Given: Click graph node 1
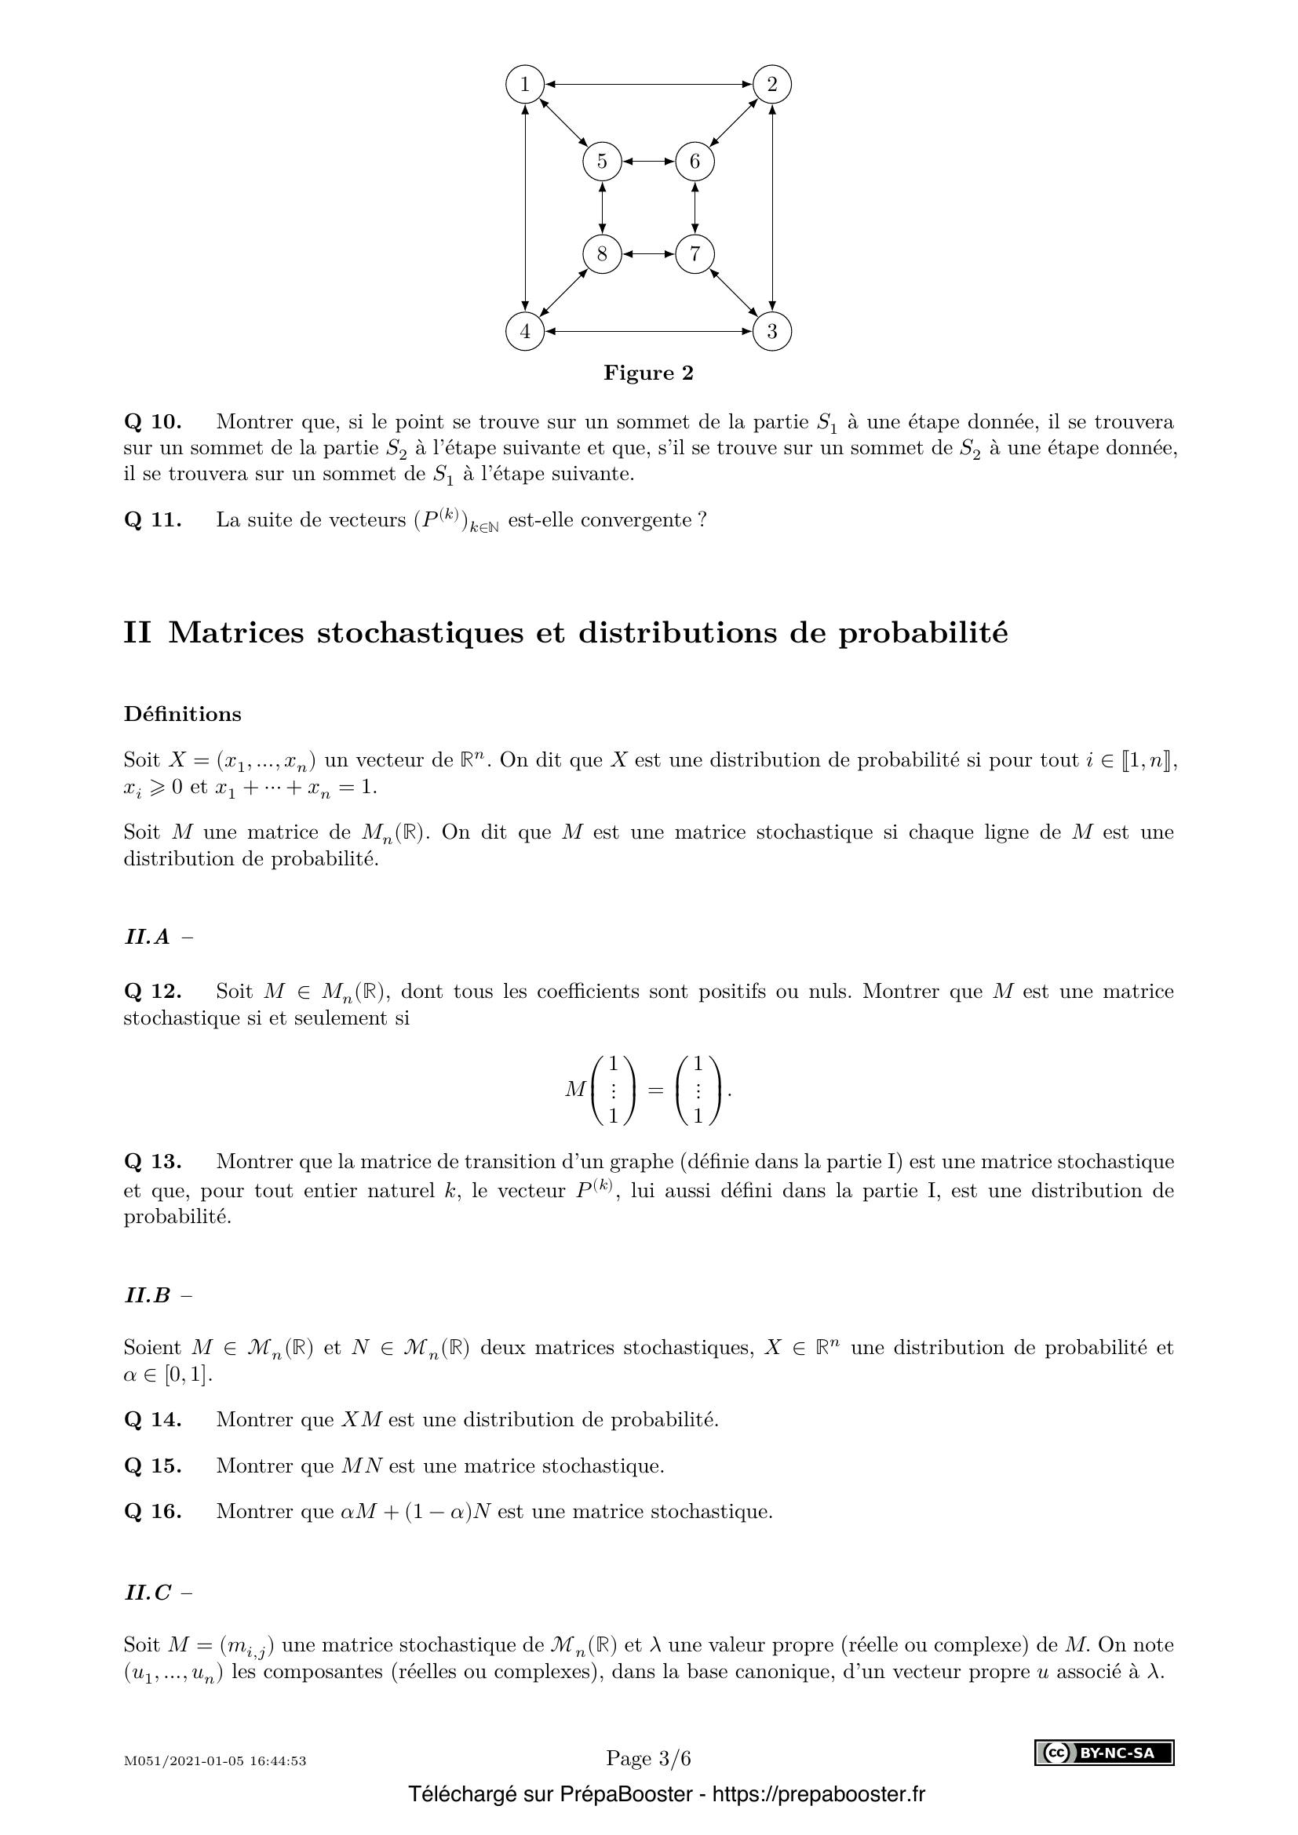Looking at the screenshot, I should (525, 84).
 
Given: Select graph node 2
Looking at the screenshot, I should (772, 84).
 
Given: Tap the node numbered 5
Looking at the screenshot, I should (602, 162).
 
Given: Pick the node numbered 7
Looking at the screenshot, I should (695, 254).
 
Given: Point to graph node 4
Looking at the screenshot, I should (525, 332).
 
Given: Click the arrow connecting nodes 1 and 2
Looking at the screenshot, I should (648, 84).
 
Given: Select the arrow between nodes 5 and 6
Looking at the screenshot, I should (648, 162).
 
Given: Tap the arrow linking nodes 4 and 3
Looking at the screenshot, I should (648, 332).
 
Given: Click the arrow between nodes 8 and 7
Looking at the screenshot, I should (648, 254).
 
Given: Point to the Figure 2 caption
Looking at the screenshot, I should (648, 373).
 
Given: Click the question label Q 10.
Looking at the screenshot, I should (153, 421).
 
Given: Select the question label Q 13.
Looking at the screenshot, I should (153, 1161).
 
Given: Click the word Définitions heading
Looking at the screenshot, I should (182, 714).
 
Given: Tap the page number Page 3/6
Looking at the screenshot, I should (648, 1758).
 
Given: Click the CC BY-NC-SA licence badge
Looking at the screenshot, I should (1104, 1753).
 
